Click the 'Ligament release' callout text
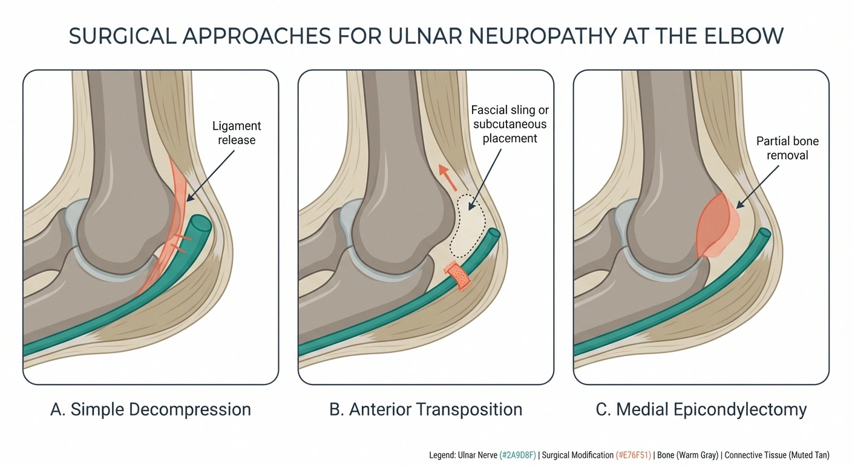[x=237, y=133]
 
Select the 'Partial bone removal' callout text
[x=787, y=147]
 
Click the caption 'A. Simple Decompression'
[x=151, y=409]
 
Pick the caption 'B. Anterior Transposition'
[x=425, y=409]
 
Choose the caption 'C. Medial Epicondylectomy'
[x=701, y=409]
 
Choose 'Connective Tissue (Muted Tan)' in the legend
[x=777, y=455]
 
